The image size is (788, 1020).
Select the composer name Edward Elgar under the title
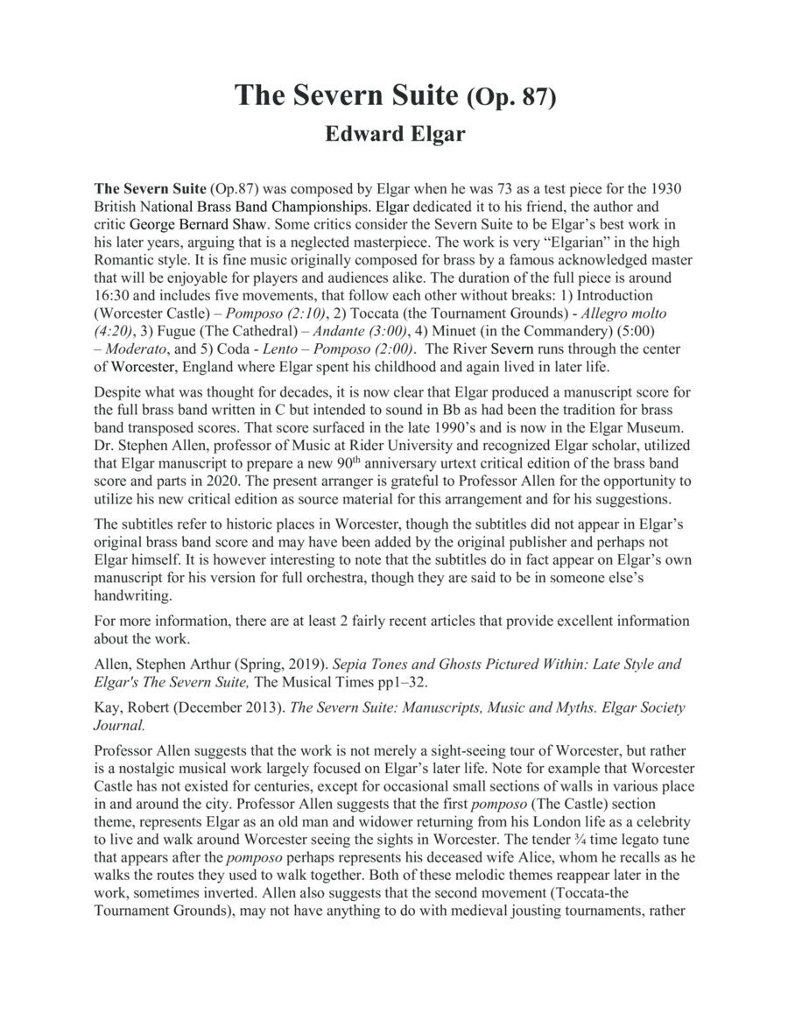(x=394, y=135)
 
